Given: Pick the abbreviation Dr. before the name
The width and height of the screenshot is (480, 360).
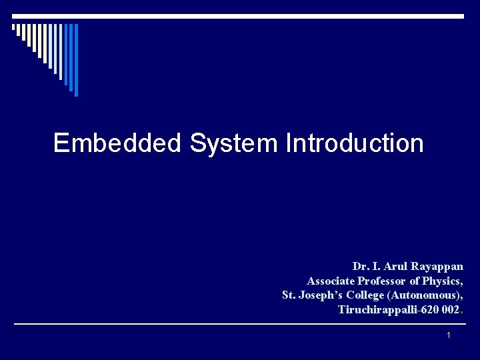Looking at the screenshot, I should tap(360, 266).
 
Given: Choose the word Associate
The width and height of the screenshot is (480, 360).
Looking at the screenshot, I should tap(331, 281).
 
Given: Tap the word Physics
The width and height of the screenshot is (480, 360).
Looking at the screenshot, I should tap(441, 281).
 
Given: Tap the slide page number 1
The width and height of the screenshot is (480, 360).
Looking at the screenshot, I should tap(449, 335).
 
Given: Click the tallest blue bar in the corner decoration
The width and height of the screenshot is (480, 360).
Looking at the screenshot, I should tap(75, 60).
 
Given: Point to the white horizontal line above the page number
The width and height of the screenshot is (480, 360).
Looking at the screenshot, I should tap(240, 325).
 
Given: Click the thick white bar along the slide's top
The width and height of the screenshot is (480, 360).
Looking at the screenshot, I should tap(240, 16).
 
